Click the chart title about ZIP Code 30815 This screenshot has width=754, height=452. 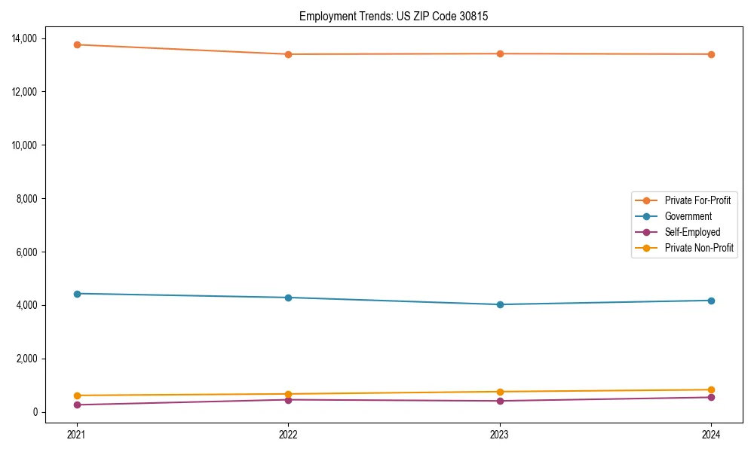(x=394, y=16)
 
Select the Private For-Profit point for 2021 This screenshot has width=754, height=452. (x=77, y=44)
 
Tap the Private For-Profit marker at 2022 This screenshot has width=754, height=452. (x=288, y=54)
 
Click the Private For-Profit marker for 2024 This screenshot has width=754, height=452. (x=711, y=54)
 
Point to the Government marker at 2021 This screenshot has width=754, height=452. (x=77, y=294)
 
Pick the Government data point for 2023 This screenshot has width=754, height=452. (x=500, y=304)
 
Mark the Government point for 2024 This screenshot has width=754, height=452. (x=711, y=301)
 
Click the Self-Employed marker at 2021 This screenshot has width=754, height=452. (x=77, y=405)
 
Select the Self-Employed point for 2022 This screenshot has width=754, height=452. (x=288, y=399)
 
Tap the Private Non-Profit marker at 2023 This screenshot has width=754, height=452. (x=500, y=392)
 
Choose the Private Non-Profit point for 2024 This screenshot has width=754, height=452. (x=711, y=389)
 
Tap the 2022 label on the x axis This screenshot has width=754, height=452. (x=288, y=434)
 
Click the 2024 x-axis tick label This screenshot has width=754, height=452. (x=711, y=434)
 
